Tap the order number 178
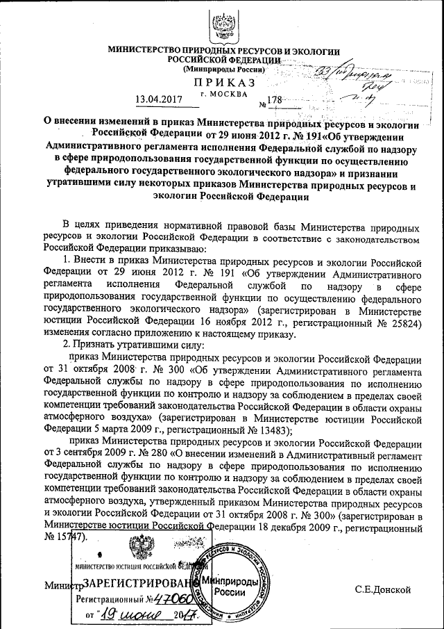[x=275, y=100]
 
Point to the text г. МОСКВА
[x=221, y=93]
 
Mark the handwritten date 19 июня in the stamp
[x=132, y=615]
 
